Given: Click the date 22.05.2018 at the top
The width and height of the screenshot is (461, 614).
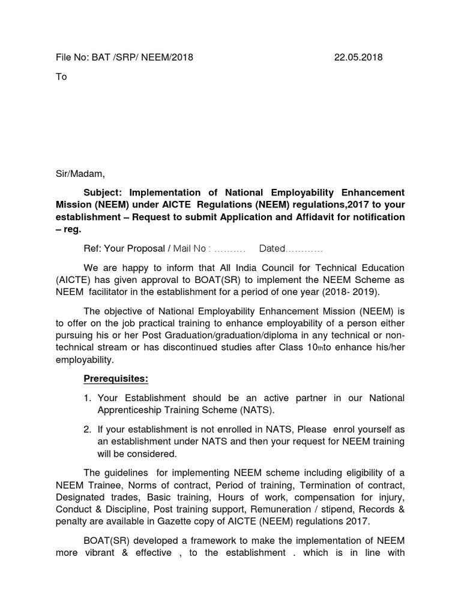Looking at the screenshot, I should click(x=358, y=58).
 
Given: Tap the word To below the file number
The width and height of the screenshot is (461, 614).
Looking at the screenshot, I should click(x=61, y=77).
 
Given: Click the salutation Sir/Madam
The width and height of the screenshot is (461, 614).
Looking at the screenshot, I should click(x=80, y=174).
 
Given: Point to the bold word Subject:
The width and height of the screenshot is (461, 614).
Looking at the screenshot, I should click(x=103, y=192).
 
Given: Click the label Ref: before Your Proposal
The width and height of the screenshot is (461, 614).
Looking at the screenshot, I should click(x=93, y=248).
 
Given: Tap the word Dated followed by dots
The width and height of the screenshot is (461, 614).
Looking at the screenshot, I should click(x=272, y=248).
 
